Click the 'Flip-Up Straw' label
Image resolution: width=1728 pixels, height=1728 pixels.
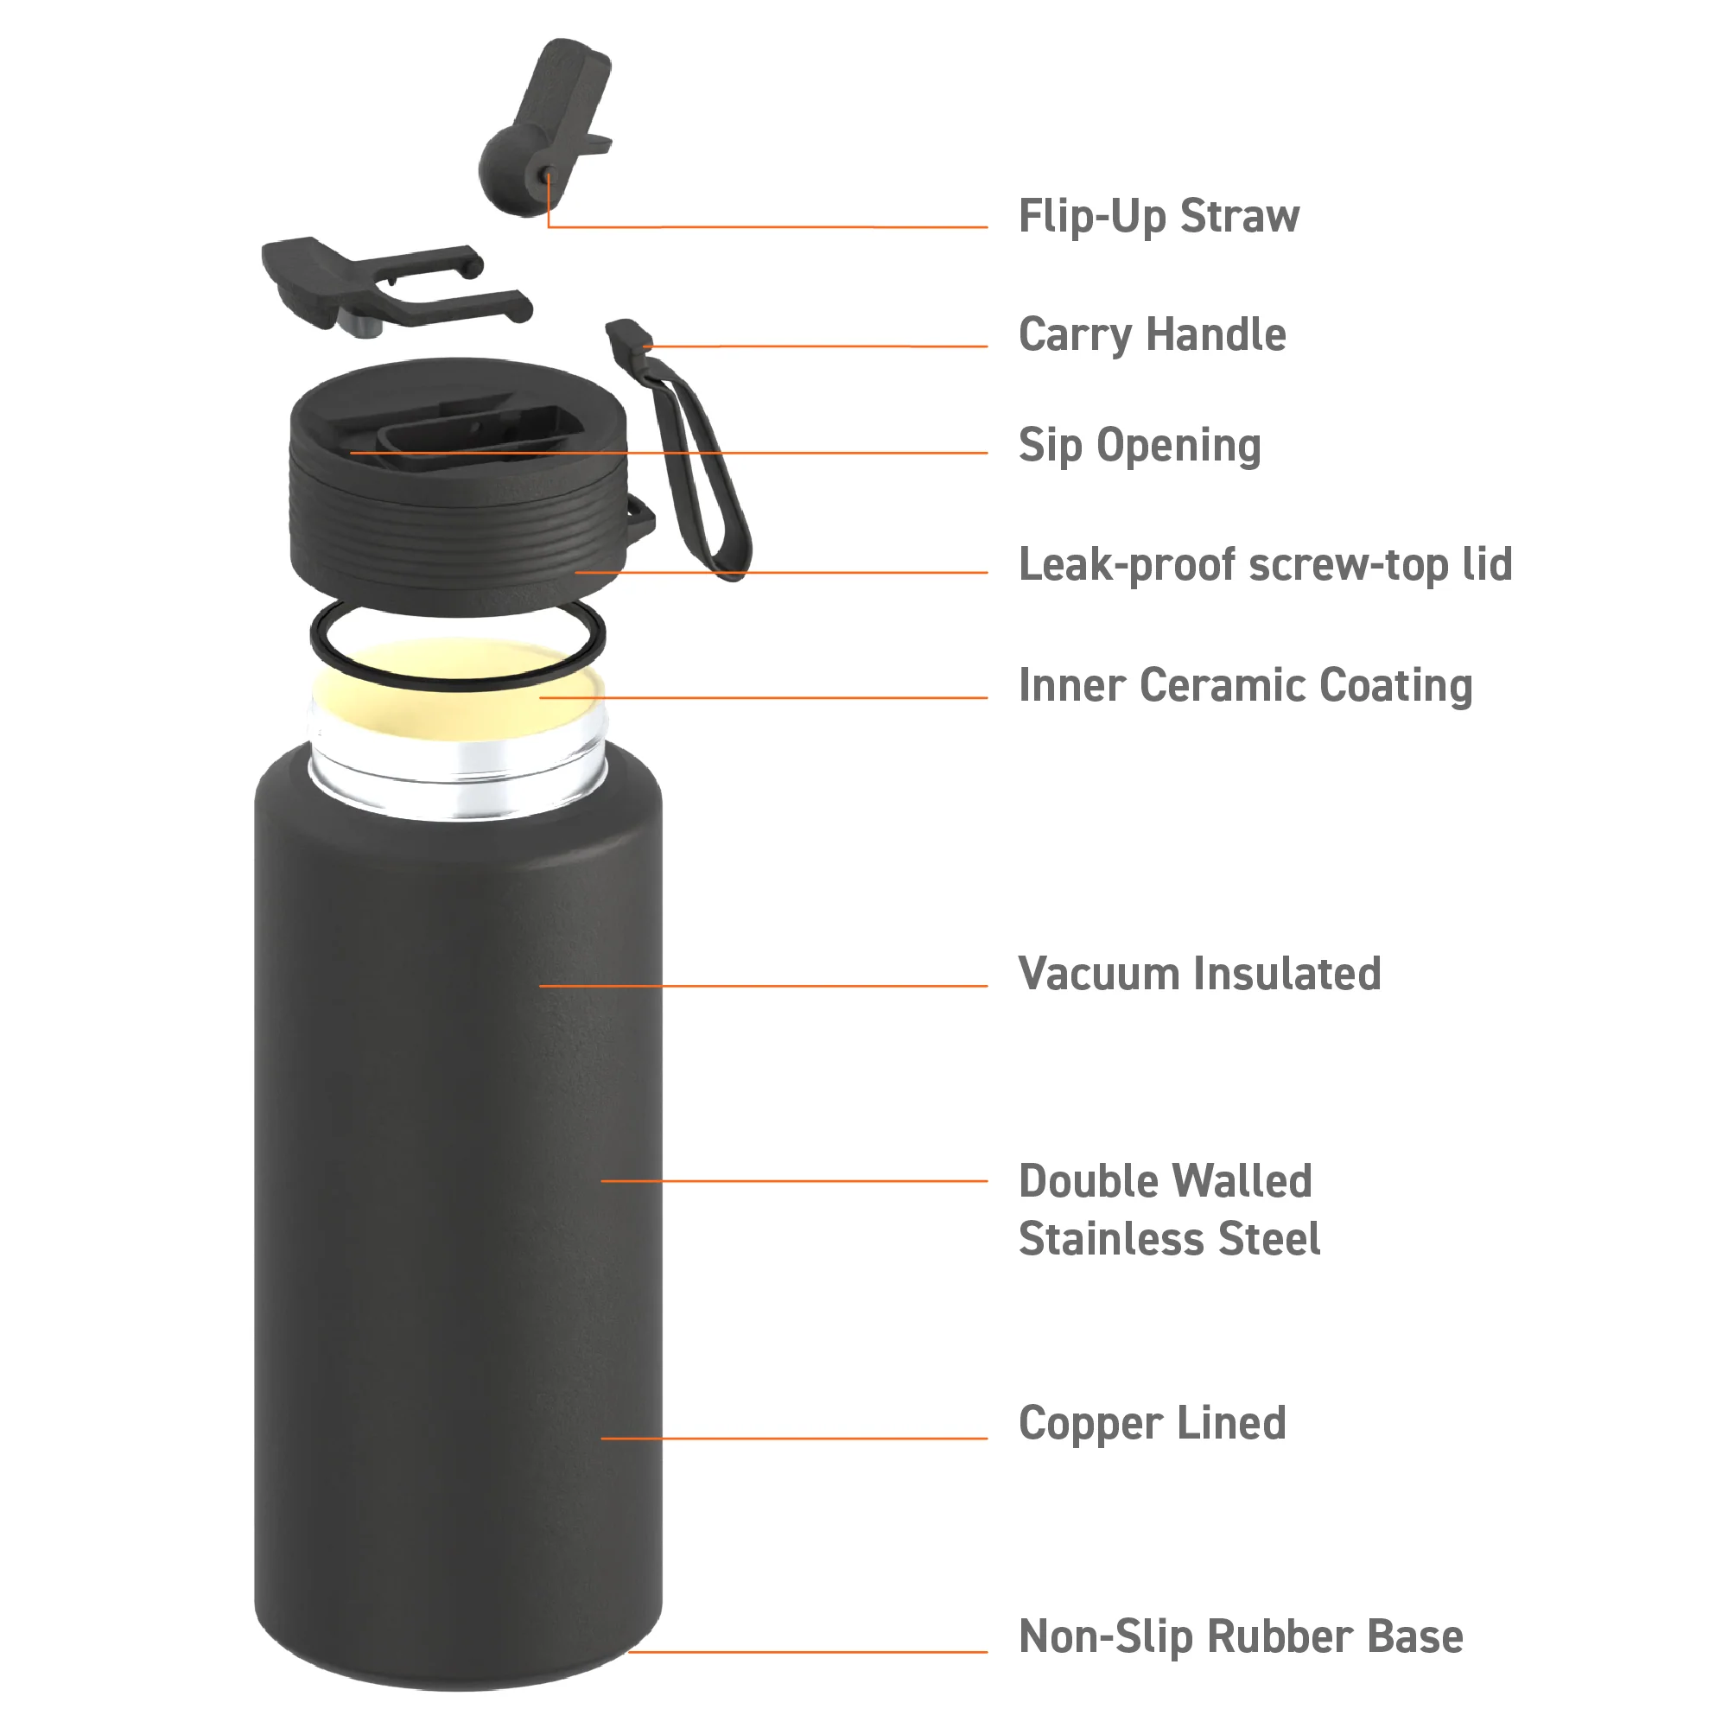[x=1159, y=217]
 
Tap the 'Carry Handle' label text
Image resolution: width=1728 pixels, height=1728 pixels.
[x=1152, y=335]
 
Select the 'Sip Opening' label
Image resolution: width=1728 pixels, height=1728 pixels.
[x=1140, y=446]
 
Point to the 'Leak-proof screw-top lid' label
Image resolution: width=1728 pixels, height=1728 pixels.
[x=1266, y=564]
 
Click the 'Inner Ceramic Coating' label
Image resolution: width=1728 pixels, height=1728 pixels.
[x=1245, y=685]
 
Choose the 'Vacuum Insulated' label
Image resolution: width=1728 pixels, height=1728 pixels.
[x=1199, y=974]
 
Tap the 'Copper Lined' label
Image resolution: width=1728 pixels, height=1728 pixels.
[x=1152, y=1424]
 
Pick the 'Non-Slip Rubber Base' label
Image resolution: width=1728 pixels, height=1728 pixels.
[x=1241, y=1636]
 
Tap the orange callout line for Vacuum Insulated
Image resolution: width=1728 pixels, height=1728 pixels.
[x=764, y=986]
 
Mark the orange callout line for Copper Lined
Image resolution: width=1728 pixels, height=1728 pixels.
[x=794, y=1439]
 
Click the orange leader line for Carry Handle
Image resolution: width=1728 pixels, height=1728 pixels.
[x=816, y=346]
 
